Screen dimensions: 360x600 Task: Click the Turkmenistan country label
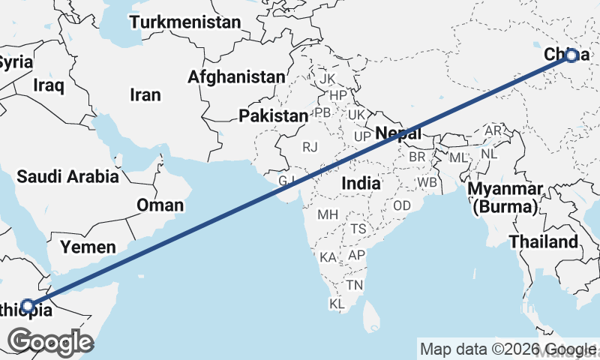pyautogui.click(x=185, y=22)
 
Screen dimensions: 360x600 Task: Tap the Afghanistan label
pyautogui.click(x=236, y=76)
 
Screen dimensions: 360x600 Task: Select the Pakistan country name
pyautogui.click(x=274, y=115)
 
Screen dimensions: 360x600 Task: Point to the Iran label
pyautogui.click(x=145, y=94)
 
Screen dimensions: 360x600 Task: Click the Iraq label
pyautogui.click(x=49, y=85)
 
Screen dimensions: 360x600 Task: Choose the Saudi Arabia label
pyautogui.click(x=67, y=177)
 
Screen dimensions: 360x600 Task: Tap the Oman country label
pyautogui.click(x=160, y=205)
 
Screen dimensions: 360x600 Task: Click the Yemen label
pyautogui.click(x=88, y=247)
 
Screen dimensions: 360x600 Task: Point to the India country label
pyautogui.click(x=360, y=184)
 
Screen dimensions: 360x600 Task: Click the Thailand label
pyautogui.click(x=544, y=241)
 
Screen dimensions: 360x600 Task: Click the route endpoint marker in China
pyautogui.click(x=571, y=55)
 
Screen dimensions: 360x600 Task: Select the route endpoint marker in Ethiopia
pyautogui.click(x=28, y=305)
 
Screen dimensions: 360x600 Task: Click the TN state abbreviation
pyautogui.click(x=355, y=285)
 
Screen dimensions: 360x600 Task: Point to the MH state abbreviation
pyautogui.click(x=328, y=214)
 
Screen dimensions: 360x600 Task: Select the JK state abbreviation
pyautogui.click(x=327, y=78)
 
